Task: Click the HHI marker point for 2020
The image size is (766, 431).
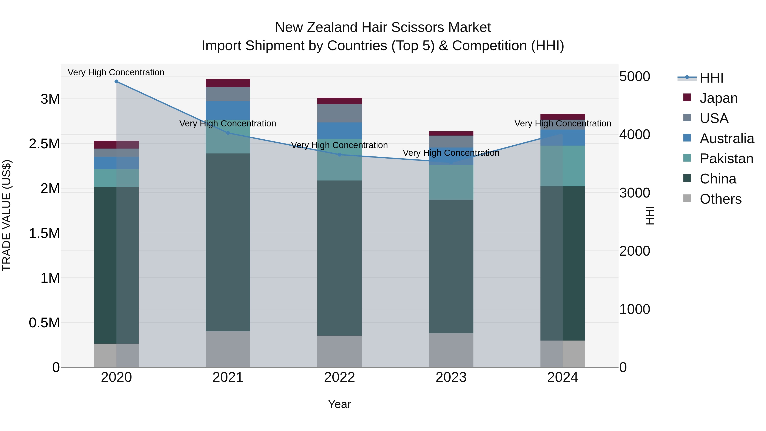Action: (x=116, y=82)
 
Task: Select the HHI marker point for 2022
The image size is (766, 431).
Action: (x=340, y=155)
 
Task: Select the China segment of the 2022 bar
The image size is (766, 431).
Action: (x=340, y=258)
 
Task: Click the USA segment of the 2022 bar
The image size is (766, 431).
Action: (x=340, y=113)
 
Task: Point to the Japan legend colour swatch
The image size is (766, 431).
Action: (x=687, y=97)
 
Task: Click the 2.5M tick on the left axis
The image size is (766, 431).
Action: (x=44, y=144)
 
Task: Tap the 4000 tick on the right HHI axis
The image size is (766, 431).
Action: (x=634, y=135)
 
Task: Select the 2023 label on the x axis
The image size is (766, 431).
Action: (x=451, y=377)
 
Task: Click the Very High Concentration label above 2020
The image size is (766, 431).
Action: (x=116, y=72)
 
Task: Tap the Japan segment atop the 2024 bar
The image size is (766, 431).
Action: (x=563, y=117)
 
